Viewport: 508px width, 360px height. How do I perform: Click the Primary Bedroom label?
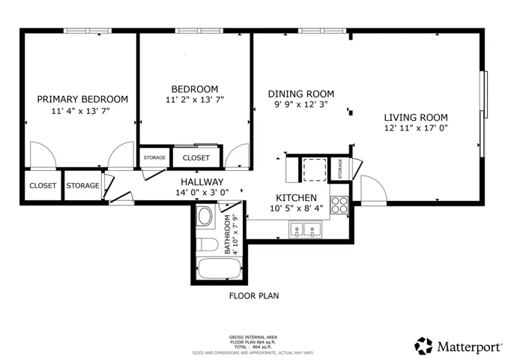(82, 99)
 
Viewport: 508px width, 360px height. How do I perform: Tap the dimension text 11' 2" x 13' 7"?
(195, 100)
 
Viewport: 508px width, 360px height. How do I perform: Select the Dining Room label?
(301, 94)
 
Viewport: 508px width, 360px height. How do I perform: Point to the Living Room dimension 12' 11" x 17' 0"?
(416, 127)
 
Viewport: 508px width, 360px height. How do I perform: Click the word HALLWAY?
(202, 181)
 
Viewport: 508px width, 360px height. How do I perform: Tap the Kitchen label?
(296, 197)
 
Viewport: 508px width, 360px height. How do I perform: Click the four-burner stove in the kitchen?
(339, 205)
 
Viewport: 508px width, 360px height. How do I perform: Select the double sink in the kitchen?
(305, 229)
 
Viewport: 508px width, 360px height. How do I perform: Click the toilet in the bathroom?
(207, 244)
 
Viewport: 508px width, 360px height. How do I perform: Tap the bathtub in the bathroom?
(220, 268)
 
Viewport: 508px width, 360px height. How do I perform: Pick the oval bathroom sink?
(205, 217)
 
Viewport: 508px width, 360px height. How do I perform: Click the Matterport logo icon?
(423, 346)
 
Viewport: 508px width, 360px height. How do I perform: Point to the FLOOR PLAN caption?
(254, 295)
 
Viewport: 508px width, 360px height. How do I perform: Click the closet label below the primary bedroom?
(43, 185)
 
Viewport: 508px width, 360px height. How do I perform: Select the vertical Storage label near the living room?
(340, 169)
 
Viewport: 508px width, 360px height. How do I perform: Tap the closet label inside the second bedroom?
(196, 158)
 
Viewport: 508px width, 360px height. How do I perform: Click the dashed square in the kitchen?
(315, 169)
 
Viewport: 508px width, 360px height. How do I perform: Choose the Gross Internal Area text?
(253, 337)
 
